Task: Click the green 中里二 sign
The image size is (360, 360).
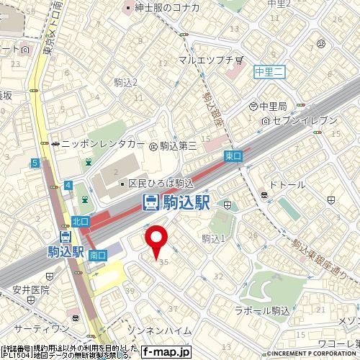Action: coord(271,71)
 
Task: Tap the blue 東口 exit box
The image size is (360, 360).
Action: coord(233,156)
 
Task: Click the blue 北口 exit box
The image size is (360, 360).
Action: coord(79,221)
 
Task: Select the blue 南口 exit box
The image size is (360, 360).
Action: coord(98,255)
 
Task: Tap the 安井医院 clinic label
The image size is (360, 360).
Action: coord(30,290)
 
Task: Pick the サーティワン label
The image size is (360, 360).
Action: coord(36,328)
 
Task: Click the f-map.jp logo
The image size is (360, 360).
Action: coord(166,352)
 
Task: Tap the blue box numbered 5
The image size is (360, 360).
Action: coord(35,164)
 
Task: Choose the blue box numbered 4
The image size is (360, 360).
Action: coord(68,186)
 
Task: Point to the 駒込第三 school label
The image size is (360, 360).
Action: coord(177,145)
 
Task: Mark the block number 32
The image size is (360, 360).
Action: coord(217,276)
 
